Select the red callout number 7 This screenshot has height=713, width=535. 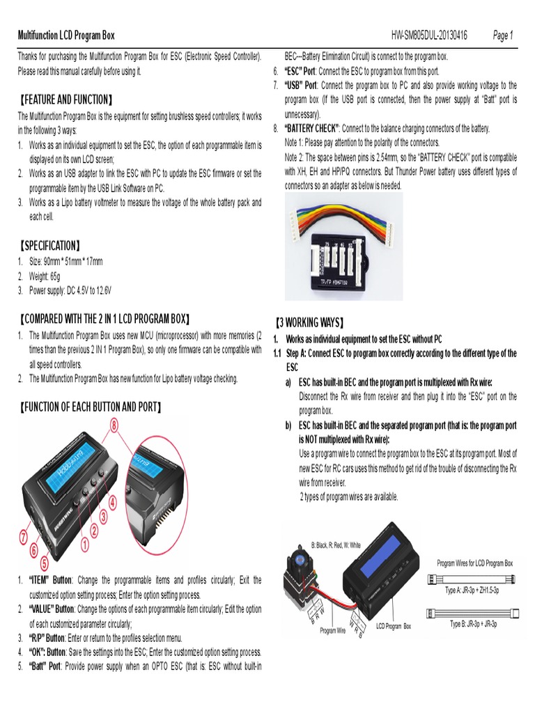[24, 538]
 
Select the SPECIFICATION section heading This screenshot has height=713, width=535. [49, 246]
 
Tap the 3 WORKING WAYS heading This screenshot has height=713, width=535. [310, 323]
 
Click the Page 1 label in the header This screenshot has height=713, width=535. [502, 36]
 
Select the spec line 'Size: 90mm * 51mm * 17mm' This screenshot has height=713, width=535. [65, 261]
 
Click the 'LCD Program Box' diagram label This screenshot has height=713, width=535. [394, 627]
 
